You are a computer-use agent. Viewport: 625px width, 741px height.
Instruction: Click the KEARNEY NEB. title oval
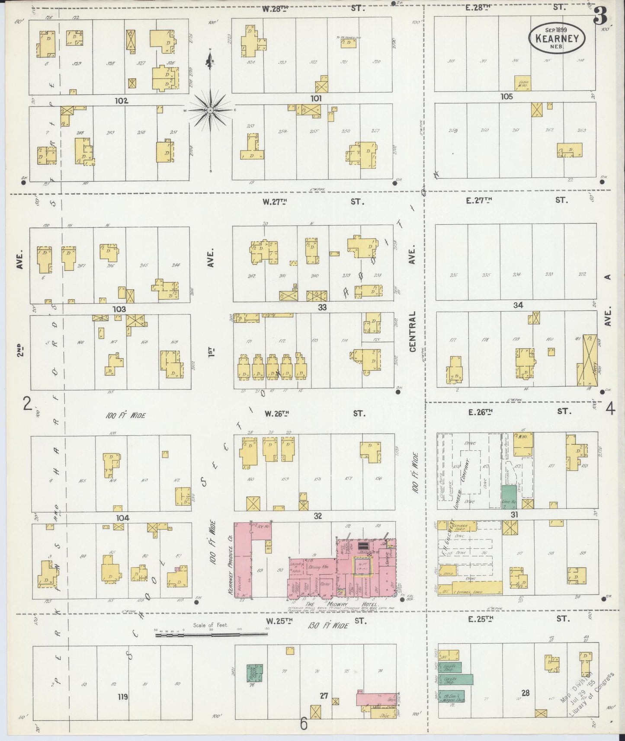(x=557, y=38)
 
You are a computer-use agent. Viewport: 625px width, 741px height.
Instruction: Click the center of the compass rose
(x=210, y=111)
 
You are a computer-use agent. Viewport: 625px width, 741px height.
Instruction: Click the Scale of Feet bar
(x=211, y=635)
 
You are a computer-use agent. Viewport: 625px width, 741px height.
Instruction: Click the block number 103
(x=119, y=309)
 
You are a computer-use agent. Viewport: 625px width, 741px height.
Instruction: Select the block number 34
(x=518, y=305)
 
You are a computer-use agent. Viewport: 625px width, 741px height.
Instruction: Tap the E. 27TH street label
(x=479, y=200)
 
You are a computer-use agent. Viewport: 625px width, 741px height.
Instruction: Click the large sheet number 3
(x=600, y=17)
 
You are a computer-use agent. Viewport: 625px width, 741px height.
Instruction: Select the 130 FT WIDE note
(x=328, y=625)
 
